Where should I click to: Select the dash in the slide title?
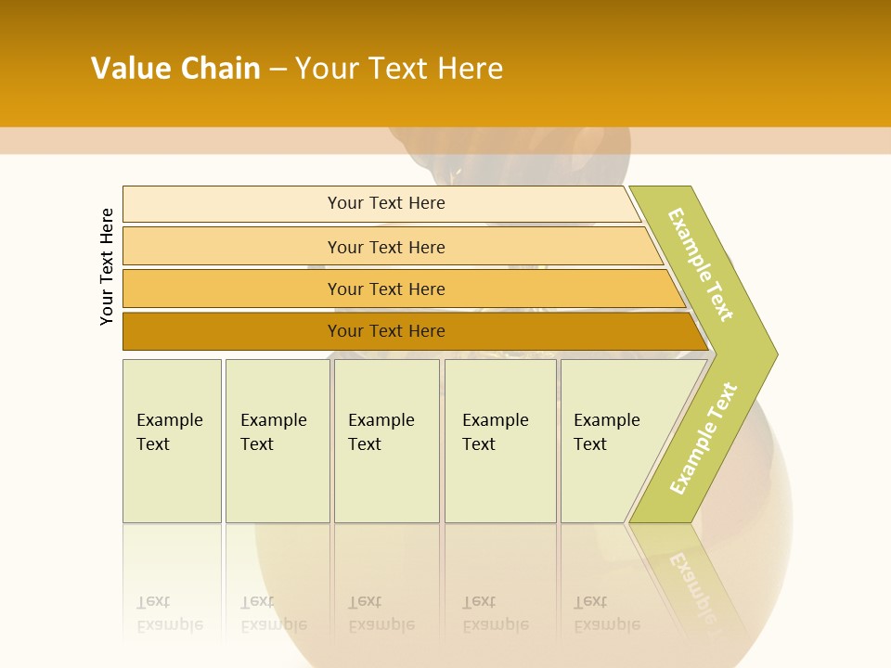point(278,70)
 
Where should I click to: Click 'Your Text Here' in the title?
point(399,69)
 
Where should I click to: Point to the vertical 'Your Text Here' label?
point(107,266)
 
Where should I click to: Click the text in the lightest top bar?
point(386,203)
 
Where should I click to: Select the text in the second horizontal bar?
point(386,247)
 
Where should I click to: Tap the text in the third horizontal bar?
point(386,289)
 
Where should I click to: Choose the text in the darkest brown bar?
point(386,330)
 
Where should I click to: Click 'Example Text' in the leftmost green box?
point(169,432)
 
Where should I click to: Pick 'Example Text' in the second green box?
point(273,432)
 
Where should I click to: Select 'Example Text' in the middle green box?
point(381,432)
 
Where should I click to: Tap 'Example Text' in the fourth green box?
point(495,432)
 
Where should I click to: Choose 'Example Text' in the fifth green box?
point(606,432)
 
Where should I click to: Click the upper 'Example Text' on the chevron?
point(701,264)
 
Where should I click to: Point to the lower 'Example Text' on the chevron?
point(704,438)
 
